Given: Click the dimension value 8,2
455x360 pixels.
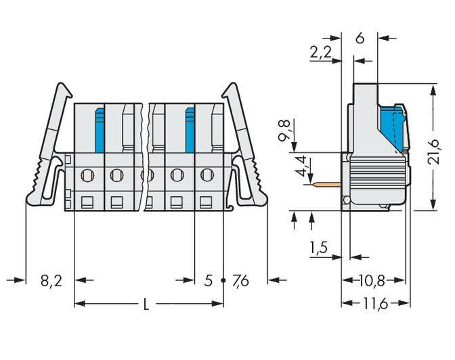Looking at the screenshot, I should (51, 280).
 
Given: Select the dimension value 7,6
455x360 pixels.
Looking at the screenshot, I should (240, 280).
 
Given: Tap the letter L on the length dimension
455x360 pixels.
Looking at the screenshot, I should (146, 305).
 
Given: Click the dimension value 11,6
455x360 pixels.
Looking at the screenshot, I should (374, 305).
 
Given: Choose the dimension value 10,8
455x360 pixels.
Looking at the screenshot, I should (374, 279).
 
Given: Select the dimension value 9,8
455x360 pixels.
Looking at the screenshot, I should (285, 133).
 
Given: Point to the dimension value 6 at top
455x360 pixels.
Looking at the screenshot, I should (360, 39).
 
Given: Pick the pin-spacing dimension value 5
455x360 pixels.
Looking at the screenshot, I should (209, 280).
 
